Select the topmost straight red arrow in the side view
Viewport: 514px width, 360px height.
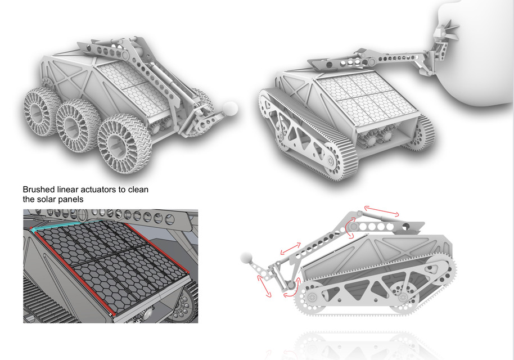(382, 212)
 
